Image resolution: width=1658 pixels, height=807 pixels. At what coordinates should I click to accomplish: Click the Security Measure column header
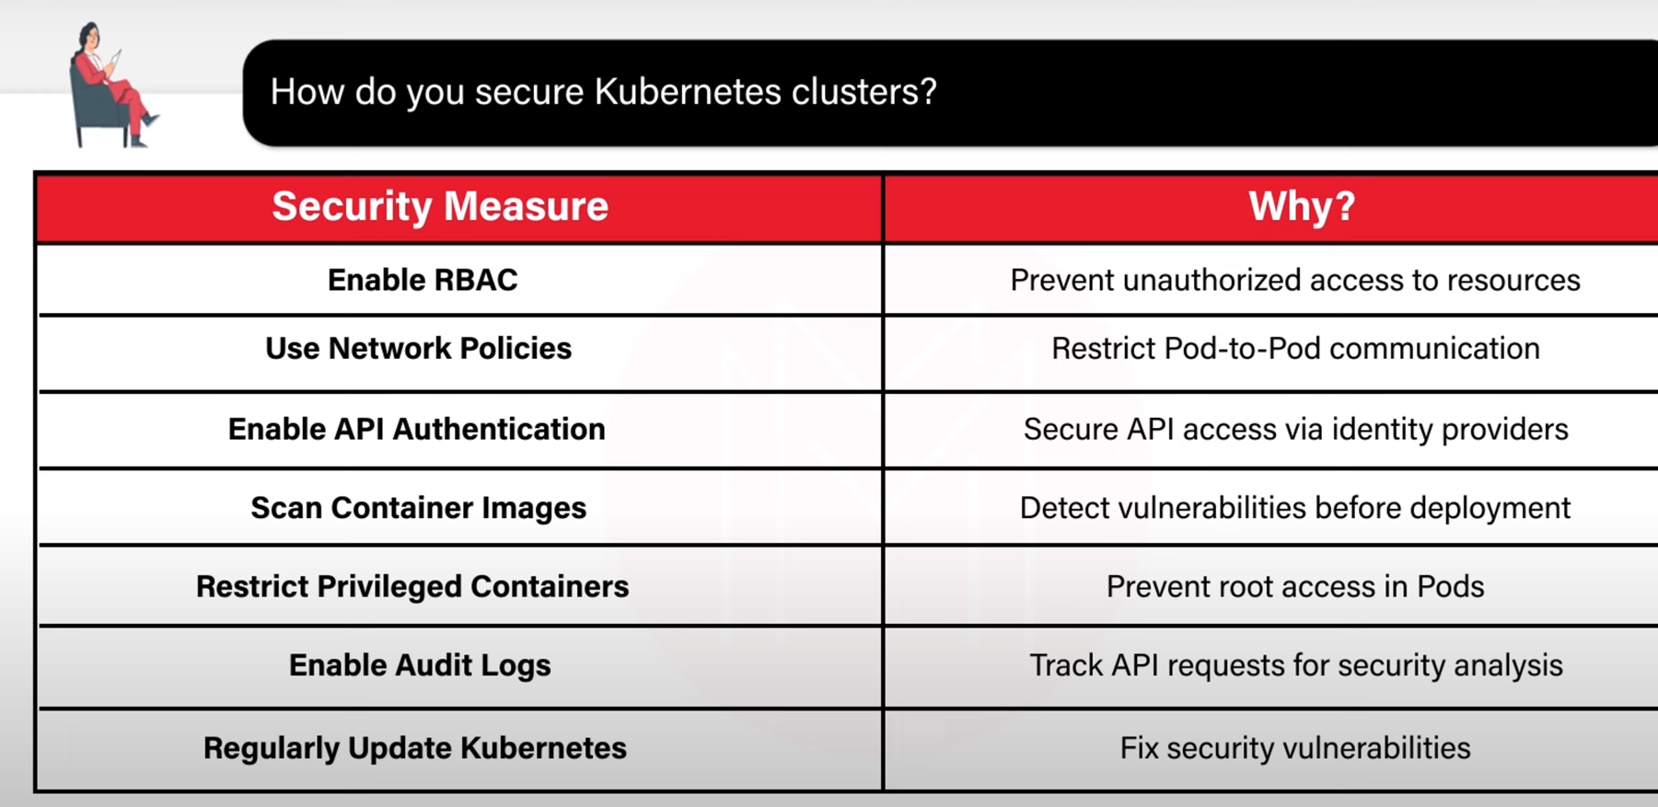(x=440, y=206)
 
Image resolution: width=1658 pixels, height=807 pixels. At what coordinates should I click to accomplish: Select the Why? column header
(x=1302, y=206)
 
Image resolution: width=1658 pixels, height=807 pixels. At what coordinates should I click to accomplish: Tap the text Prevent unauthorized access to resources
(x=1295, y=280)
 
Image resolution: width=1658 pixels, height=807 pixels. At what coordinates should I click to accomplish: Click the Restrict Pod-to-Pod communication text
(x=1295, y=349)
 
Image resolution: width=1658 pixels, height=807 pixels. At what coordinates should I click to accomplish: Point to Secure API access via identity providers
(x=1295, y=429)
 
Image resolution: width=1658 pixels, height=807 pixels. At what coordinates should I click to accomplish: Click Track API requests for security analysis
(x=1295, y=665)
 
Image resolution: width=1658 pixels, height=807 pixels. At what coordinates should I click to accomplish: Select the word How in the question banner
(x=307, y=91)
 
